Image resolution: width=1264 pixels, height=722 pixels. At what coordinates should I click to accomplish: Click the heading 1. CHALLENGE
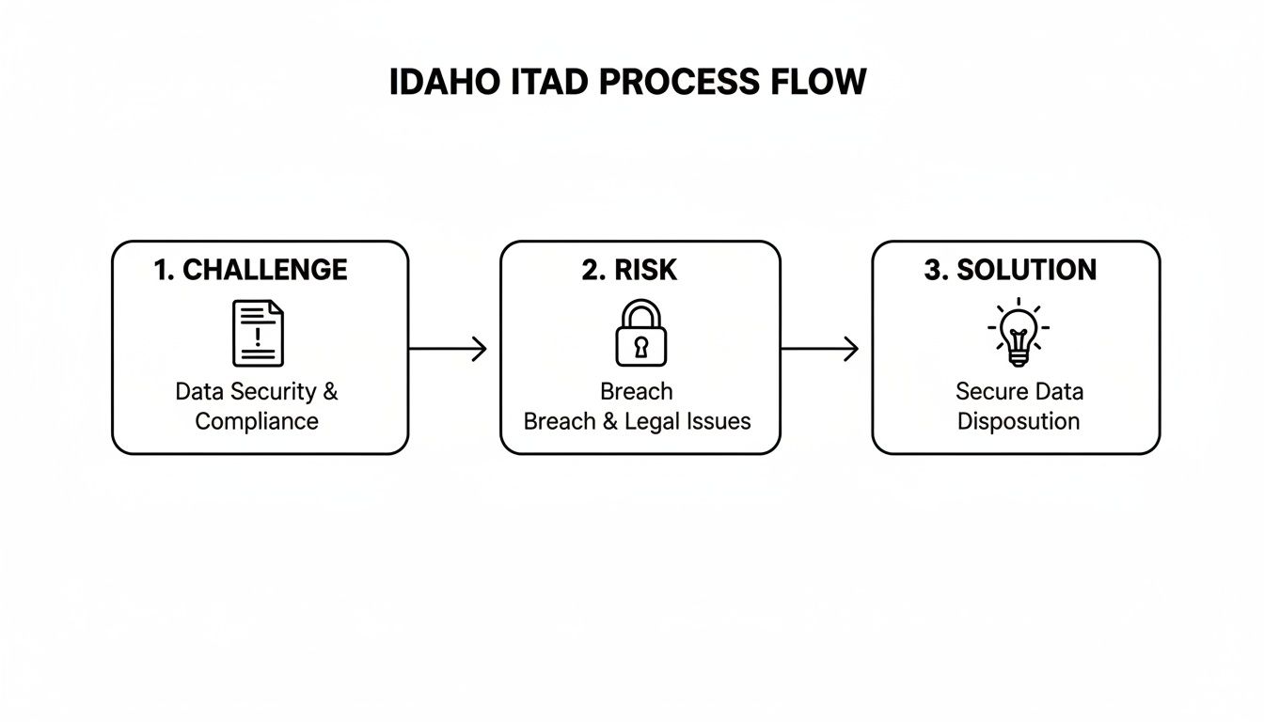click(x=250, y=270)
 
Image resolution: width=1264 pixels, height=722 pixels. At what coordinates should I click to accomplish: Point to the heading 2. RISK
click(x=628, y=270)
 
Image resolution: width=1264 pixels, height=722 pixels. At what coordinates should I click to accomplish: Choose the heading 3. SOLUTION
click(x=1009, y=270)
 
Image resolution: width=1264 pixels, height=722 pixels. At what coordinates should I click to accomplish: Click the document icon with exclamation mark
click(x=258, y=333)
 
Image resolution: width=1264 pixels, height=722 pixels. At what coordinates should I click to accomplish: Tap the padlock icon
click(x=640, y=334)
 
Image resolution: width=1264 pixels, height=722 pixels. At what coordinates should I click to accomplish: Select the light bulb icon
click(x=1019, y=332)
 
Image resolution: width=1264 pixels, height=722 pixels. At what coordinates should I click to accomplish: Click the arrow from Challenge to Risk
click(x=448, y=349)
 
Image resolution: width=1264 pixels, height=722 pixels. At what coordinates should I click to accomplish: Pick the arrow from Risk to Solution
click(x=819, y=349)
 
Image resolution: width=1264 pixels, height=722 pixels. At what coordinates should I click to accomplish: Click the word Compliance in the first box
click(x=257, y=420)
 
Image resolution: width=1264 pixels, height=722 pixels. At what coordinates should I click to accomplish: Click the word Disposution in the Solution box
click(x=1019, y=420)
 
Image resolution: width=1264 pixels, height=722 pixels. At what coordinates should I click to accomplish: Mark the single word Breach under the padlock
click(x=637, y=391)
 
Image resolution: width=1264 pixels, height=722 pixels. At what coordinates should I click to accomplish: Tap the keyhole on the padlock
click(x=640, y=347)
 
